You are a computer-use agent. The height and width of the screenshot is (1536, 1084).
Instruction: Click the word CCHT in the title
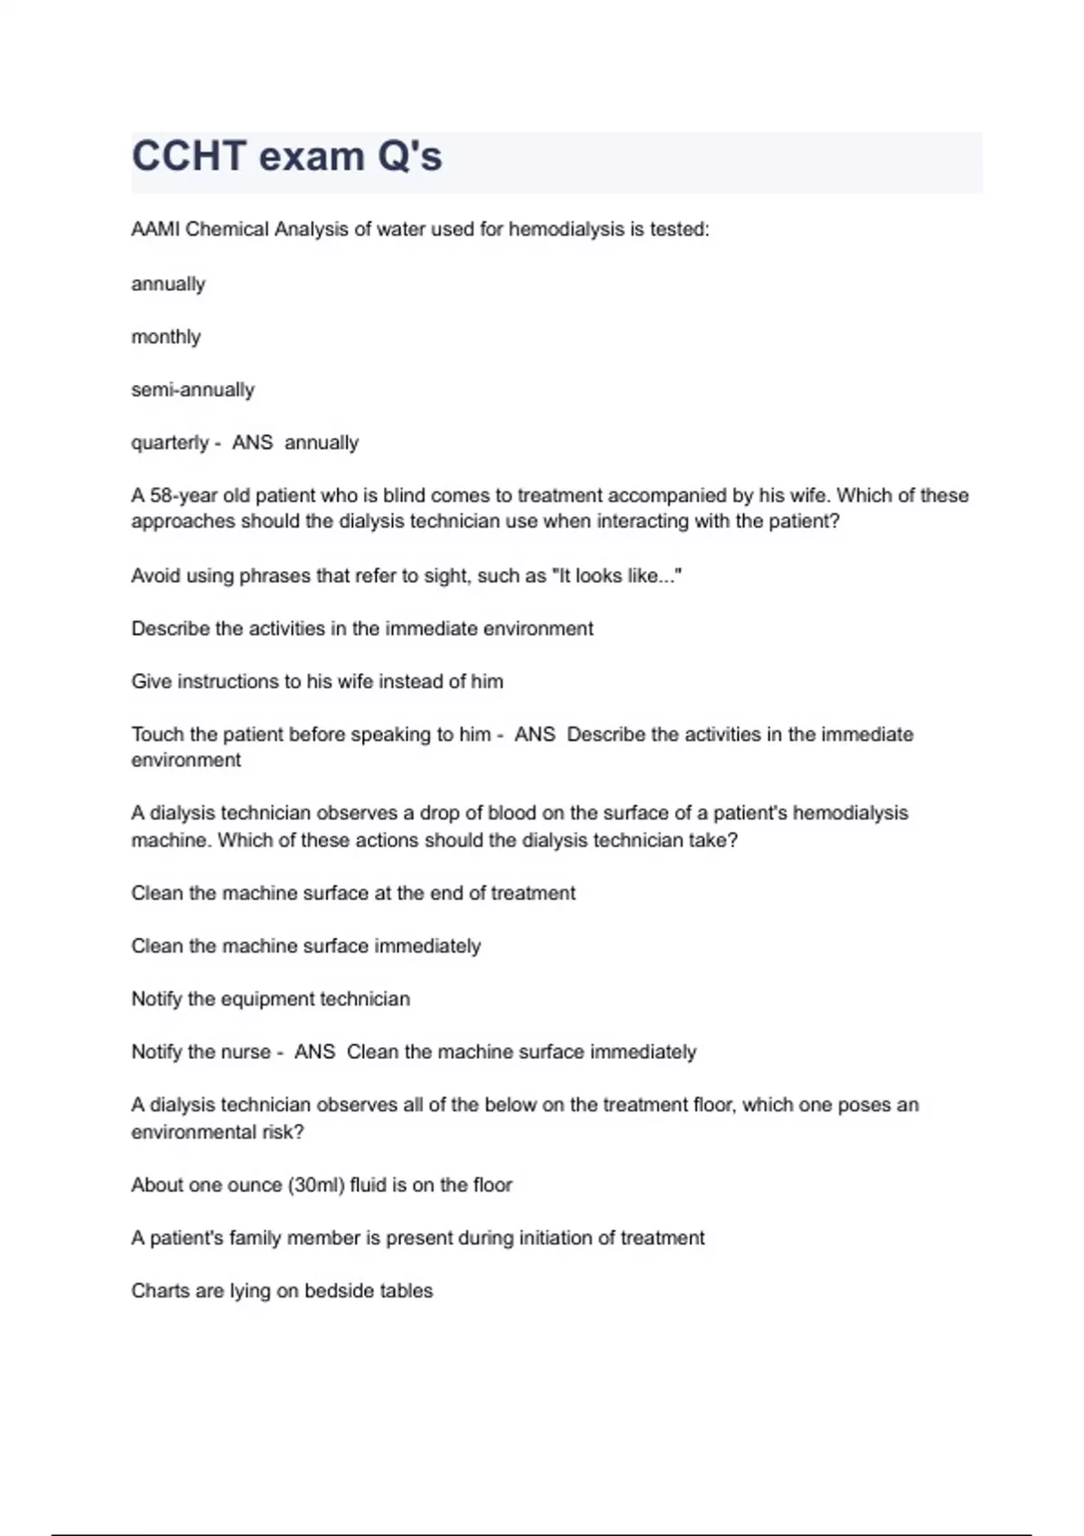pos(189,156)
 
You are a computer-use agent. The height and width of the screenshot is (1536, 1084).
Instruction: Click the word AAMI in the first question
pos(154,229)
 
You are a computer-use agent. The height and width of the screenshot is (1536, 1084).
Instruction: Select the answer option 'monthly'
pos(165,337)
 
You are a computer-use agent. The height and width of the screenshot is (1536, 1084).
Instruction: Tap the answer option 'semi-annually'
pos(192,390)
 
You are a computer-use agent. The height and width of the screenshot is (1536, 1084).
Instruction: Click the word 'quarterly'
pos(170,443)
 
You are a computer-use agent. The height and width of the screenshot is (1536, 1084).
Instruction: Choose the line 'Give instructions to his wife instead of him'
pos(317,681)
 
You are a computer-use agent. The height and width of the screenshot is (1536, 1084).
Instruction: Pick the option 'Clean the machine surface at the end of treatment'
pos(353,894)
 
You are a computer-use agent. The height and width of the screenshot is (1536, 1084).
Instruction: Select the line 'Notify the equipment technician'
pos(270,999)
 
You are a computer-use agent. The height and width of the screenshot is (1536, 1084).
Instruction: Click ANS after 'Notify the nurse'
pos(314,1052)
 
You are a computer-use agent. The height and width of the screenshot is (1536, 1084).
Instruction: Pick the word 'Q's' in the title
pos(409,156)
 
